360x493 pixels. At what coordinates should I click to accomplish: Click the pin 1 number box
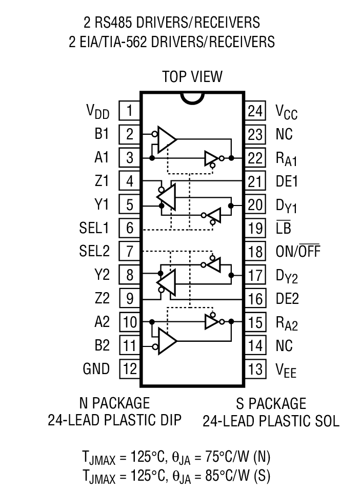tap(130, 110)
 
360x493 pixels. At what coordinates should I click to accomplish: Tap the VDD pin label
tap(97, 111)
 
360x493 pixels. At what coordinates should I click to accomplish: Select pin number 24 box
tap(255, 110)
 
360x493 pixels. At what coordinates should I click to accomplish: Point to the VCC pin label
tap(286, 111)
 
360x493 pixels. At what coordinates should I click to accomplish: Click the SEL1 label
tap(94, 228)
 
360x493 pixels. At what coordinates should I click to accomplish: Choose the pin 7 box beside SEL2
tap(130, 251)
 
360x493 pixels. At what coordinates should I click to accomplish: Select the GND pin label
tap(96, 368)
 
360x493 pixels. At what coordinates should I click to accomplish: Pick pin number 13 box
tap(255, 368)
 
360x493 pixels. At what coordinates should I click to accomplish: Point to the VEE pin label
tap(286, 369)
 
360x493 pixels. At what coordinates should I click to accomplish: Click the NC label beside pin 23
tap(284, 134)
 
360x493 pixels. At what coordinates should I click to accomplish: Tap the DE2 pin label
tap(287, 298)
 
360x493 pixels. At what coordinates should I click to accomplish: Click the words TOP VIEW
tap(192, 77)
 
